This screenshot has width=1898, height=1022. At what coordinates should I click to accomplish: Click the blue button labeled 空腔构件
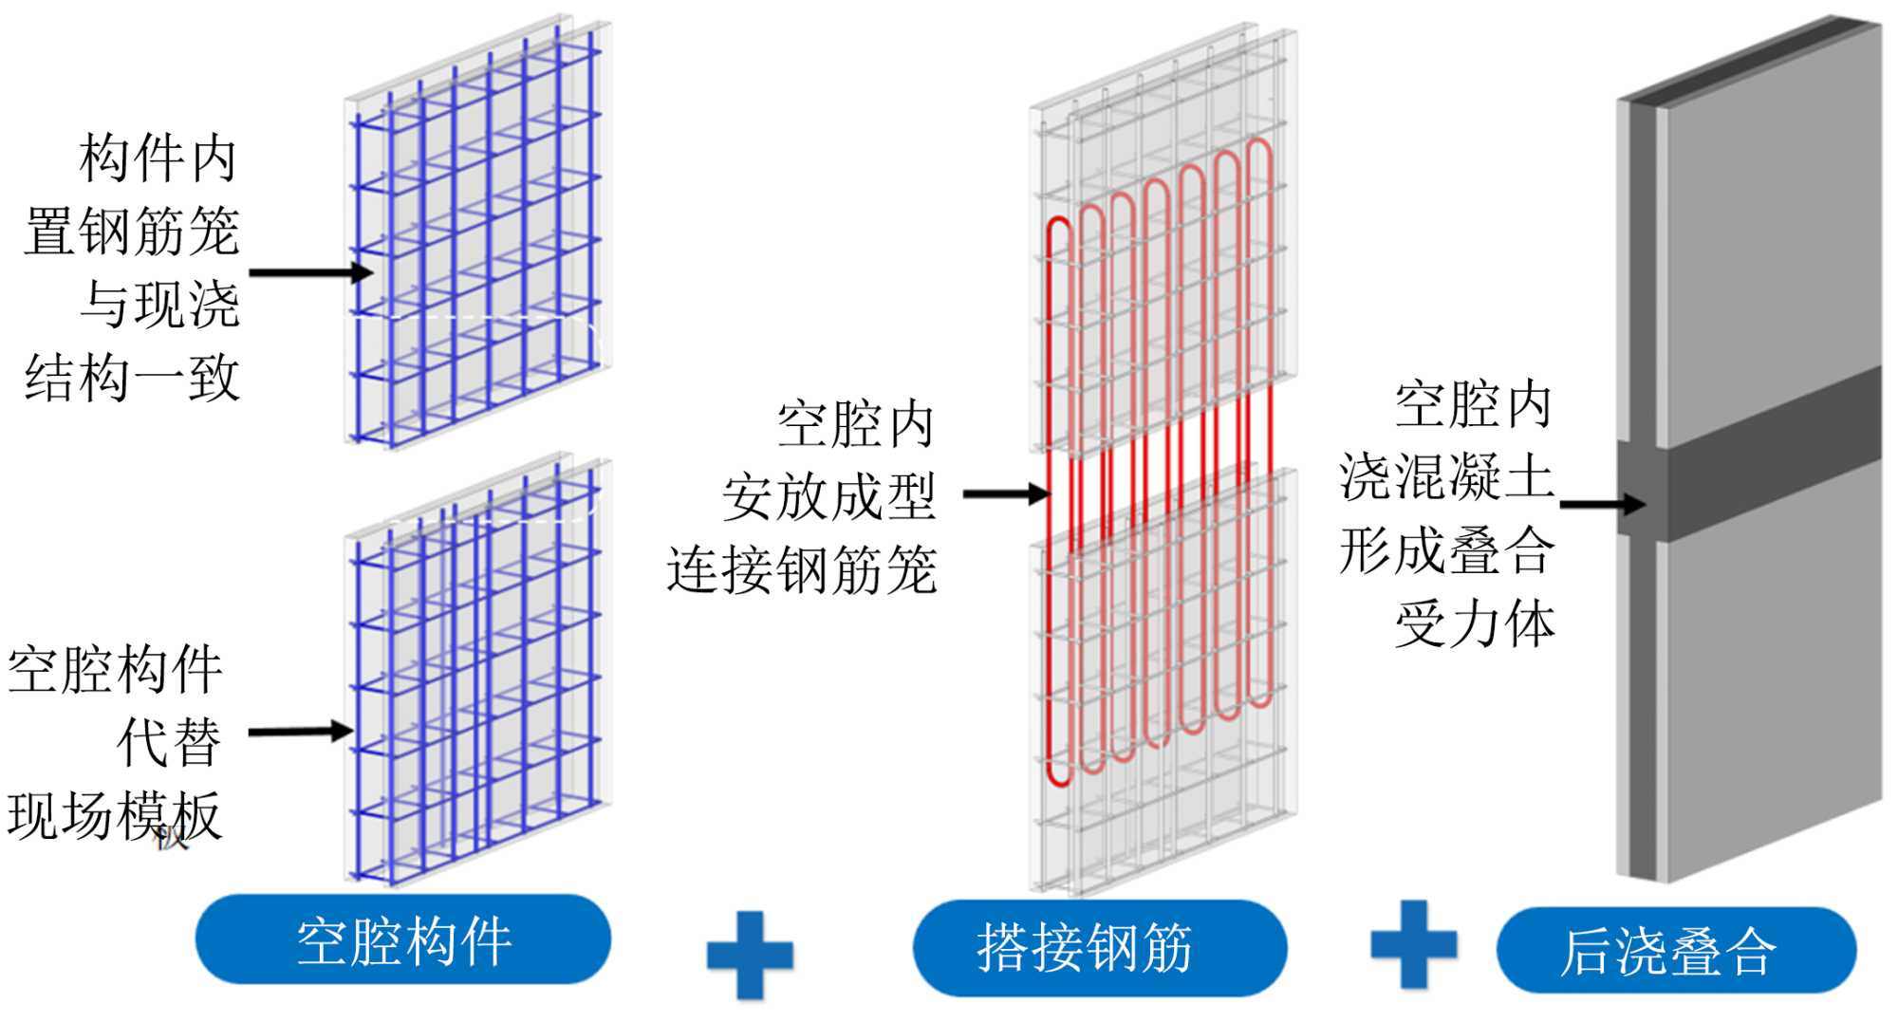coord(403,939)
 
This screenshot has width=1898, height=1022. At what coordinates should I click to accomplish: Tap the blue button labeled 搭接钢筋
coord(1099,948)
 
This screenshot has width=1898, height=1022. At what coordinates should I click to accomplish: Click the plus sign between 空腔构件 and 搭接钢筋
coord(750,954)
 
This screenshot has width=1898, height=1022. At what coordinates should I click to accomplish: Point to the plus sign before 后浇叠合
coord(1413,944)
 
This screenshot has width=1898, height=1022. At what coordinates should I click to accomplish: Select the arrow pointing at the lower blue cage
coord(300,732)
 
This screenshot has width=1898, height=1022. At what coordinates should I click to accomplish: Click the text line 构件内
coord(158,158)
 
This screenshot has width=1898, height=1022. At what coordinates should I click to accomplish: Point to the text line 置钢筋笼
coord(132,232)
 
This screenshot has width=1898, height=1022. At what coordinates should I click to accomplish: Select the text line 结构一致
coord(132,378)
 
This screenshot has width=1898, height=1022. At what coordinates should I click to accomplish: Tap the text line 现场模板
coord(115,815)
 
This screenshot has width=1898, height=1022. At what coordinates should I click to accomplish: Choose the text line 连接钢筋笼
coord(802,570)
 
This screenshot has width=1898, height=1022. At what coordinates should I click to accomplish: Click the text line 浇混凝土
coord(1446,476)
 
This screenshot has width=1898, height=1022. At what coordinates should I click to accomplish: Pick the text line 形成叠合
coord(1446,550)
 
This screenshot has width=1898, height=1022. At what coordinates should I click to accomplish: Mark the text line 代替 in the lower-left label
coord(169,742)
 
